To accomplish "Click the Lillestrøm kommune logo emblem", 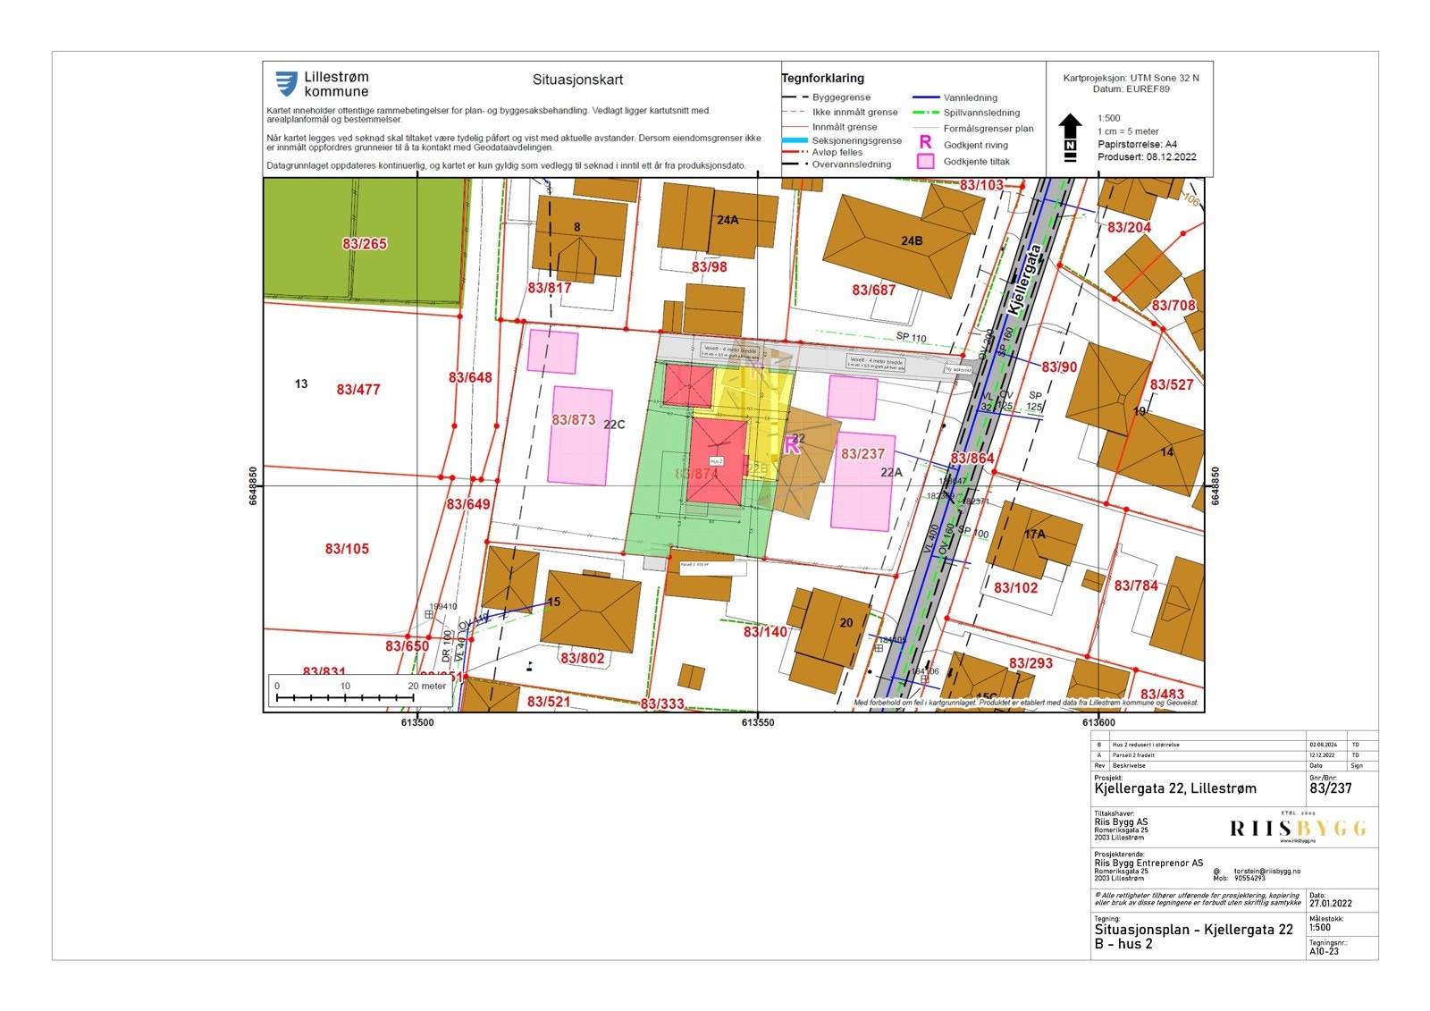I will [286, 84].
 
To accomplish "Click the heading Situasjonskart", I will [577, 80].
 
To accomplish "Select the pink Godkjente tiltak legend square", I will [925, 162].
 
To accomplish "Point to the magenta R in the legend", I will [925, 143].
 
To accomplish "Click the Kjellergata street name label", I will [1024, 279].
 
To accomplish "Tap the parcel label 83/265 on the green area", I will [365, 243].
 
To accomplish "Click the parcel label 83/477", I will [358, 390].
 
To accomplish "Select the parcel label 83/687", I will [873, 290].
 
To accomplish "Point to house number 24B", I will [911, 240].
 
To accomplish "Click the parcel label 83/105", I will [347, 549].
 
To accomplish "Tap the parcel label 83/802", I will [583, 659].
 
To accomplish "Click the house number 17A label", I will [1034, 535].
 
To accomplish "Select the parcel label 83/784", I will [1136, 586].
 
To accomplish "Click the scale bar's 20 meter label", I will [427, 687].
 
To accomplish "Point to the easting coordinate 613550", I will [758, 722].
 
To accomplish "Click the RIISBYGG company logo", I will [1298, 829].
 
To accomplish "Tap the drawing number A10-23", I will [1325, 952].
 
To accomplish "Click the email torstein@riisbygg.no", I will [1267, 871].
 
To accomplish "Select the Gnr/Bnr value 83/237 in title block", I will [1331, 788].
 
